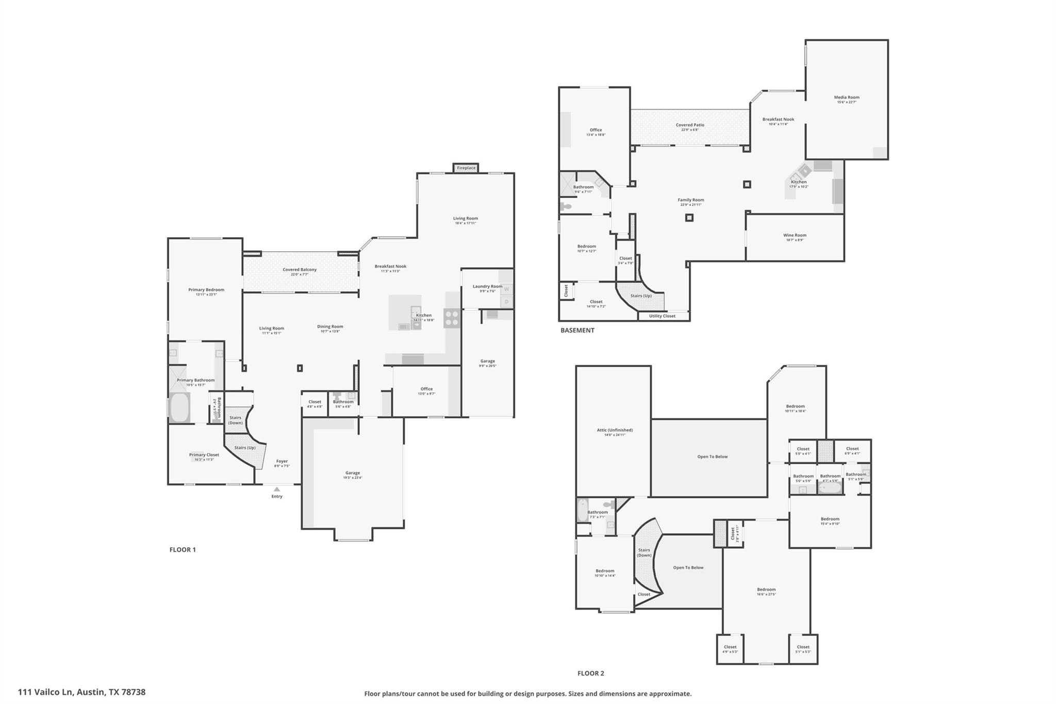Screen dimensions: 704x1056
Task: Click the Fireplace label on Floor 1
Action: coord(466,168)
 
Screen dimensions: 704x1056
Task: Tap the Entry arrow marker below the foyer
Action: coord(277,489)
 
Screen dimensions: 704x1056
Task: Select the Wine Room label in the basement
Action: coord(794,236)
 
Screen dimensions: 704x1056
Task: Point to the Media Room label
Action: coord(846,97)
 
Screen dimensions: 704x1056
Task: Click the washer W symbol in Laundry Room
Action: coord(506,289)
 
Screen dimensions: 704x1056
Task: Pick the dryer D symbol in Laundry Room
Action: coord(506,302)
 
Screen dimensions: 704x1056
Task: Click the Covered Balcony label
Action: coord(300,270)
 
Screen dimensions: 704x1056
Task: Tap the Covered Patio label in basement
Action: coord(689,125)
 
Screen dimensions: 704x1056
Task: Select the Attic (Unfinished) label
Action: coord(615,430)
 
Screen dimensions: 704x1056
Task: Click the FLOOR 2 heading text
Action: coord(590,673)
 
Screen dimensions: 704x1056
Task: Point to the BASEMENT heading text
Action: coord(577,330)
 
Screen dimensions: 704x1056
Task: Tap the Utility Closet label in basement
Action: coord(662,316)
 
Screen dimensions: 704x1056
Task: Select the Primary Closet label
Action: coord(204,455)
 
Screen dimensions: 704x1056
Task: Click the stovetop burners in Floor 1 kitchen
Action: coord(452,318)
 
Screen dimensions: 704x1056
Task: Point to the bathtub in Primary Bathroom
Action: coord(179,407)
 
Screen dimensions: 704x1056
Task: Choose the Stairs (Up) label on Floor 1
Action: coord(245,448)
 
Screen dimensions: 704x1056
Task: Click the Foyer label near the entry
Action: coord(282,462)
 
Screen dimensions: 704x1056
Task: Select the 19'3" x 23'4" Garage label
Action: coord(353,473)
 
